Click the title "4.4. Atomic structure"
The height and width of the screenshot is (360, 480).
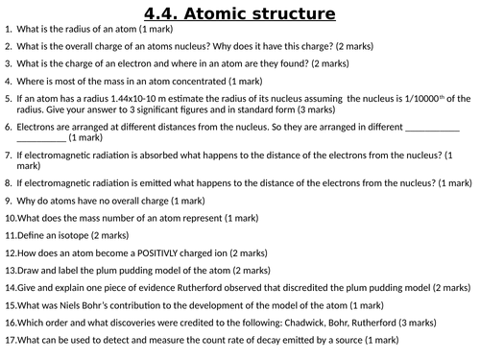coord(239,14)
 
